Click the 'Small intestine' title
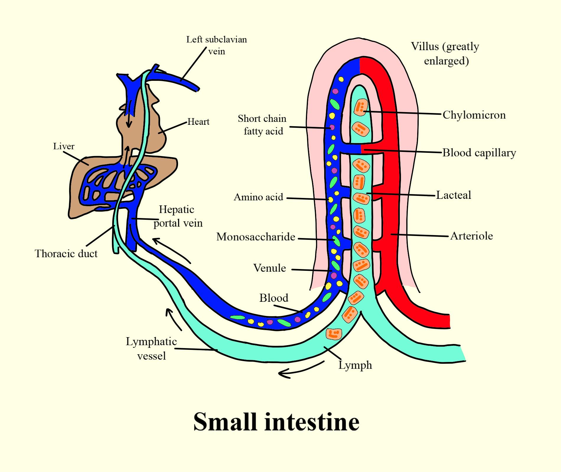(x=276, y=422)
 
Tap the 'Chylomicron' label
(x=474, y=115)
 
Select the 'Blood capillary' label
(x=479, y=153)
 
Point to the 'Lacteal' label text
(x=454, y=195)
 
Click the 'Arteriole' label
(x=471, y=236)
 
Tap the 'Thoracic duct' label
(x=66, y=253)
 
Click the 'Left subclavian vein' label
(x=216, y=45)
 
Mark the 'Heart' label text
(x=198, y=122)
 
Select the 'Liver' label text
(x=64, y=146)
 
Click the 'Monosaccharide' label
(x=256, y=237)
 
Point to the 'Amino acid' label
(x=258, y=197)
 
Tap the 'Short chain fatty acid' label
(x=262, y=125)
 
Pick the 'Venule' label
(x=270, y=268)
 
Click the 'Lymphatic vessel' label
(x=151, y=349)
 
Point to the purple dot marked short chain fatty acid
(x=332, y=127)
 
